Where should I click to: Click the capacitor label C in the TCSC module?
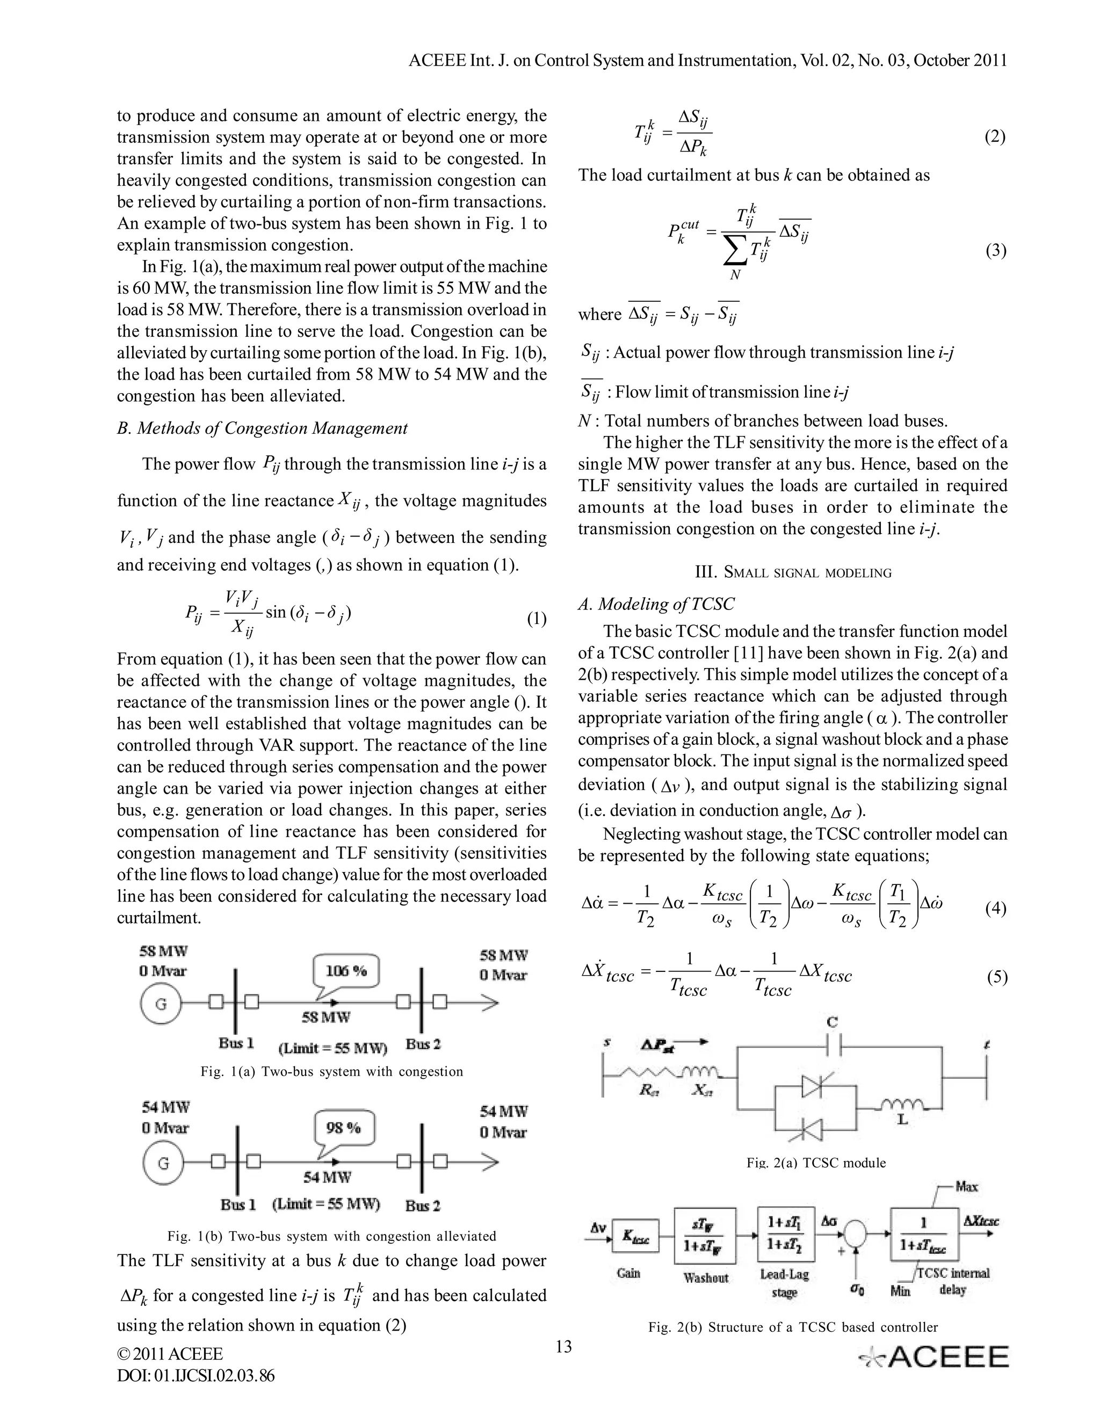pyautogui.click(x=832, y=1022)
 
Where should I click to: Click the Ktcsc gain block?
pyautogui.click(x=635, y=1236)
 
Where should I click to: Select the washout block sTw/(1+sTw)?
pyautogui.click(x=705, y=1236)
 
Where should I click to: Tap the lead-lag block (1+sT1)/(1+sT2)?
pyautogui.click(x=786, y=1234)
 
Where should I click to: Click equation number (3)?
pyautogui.click(x=995, y=251)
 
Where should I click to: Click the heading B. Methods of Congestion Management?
pyautogui.click(x=262, y=428)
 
